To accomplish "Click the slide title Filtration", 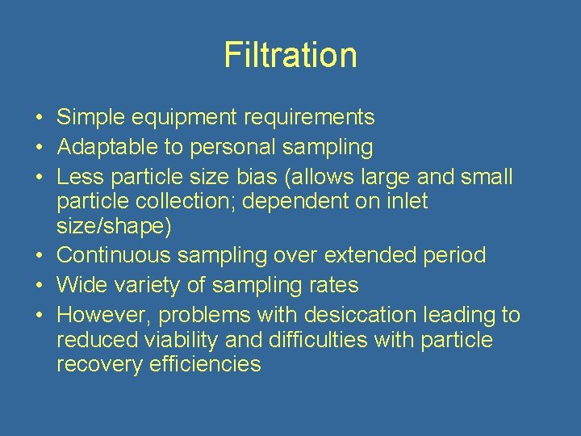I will (290, 55).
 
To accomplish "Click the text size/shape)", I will (113, 227).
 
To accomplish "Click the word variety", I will (153, 284).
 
